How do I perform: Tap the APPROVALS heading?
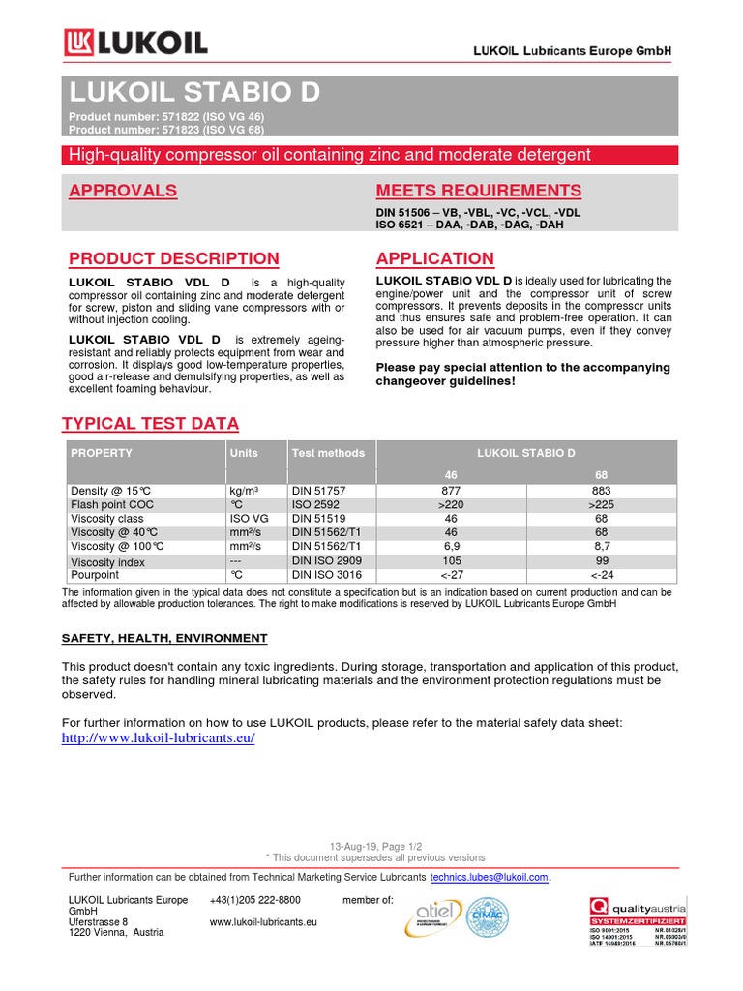pos(123,191)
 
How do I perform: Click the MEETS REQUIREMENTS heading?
pos(478,191)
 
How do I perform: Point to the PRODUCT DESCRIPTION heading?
pos(174,259)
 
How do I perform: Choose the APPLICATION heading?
pos(434,259)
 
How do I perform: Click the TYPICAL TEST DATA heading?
pos(150,424)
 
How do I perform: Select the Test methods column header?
pos(328,453)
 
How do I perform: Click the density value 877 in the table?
pos(451,492)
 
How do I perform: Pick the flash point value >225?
pos(601,505)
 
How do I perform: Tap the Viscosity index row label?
pos(107,561)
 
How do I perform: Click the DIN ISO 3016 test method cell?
pos(326,575)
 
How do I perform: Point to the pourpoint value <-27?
pos(451,575)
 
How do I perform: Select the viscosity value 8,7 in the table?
pos(601,547)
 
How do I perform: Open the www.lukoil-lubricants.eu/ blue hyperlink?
pos(159,738)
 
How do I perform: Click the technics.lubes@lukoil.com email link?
pos(490,877)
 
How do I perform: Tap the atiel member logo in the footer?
pos(434,916)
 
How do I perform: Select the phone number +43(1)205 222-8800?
pos(254,900)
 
